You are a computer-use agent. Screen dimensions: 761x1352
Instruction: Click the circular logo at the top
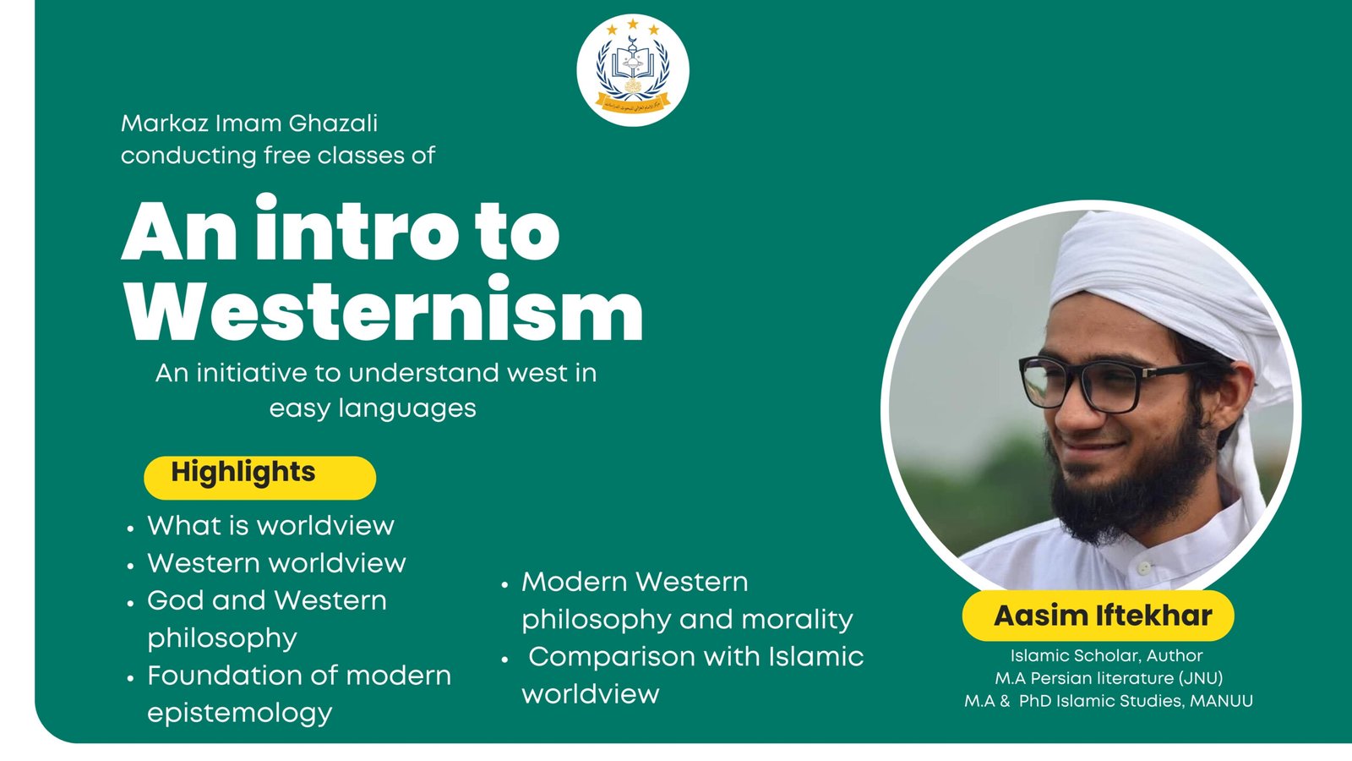click(632, 69)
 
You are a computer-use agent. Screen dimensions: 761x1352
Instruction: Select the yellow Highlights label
click(259, 476)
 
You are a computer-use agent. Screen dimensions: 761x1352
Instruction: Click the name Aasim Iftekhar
click(1102, 616)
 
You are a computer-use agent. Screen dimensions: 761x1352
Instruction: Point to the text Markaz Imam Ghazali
click(249, 123)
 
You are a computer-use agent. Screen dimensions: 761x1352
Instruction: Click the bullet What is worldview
click(270, 526)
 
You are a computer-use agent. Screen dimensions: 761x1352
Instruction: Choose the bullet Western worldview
click(276, 563)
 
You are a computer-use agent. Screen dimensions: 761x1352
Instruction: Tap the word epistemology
click(240, 713)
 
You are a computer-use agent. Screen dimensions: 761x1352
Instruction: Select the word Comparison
click(612, 657)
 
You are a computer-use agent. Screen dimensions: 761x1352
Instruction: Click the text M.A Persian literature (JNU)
click(1108, 678)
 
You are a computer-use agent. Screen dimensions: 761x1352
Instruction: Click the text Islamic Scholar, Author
click(1106, 655)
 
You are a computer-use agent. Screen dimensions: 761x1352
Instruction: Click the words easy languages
click(373, 409)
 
